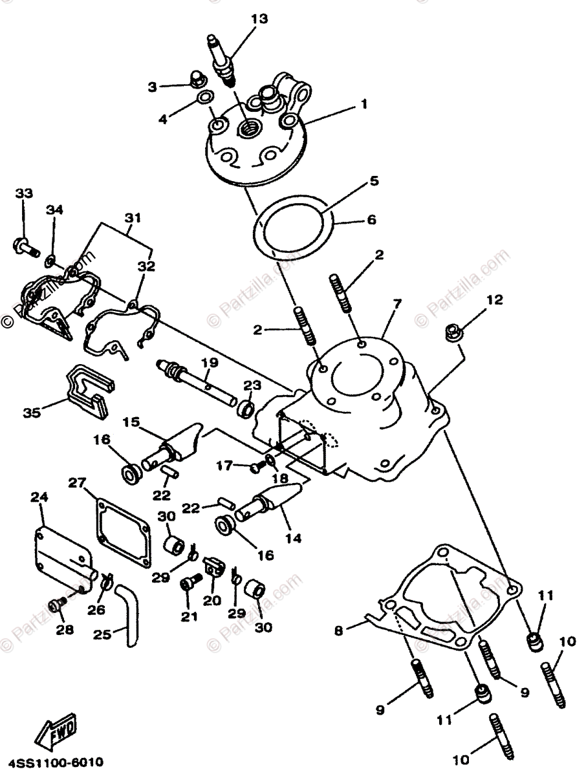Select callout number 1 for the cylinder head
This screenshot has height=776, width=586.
364,103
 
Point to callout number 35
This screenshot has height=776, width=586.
30,412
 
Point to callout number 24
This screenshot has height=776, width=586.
38,497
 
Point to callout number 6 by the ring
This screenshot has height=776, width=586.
371,220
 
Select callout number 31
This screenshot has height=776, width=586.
132,218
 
